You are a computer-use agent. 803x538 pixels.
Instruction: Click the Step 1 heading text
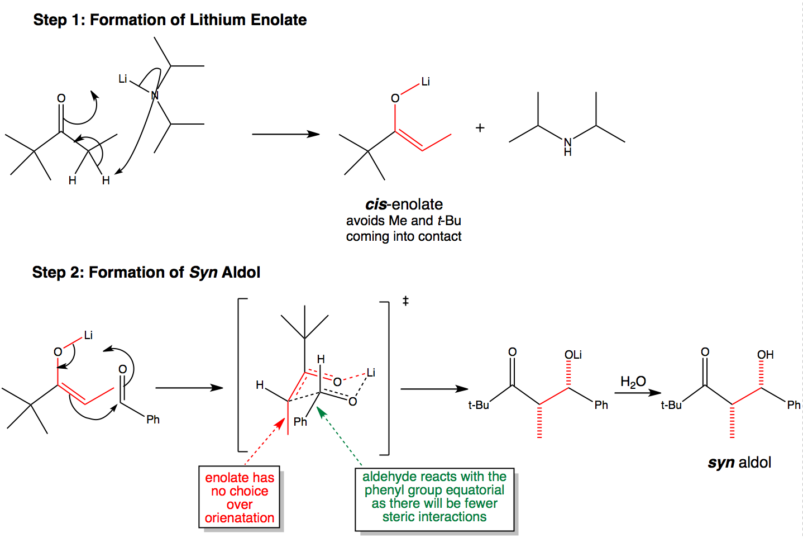[x=170, y=20]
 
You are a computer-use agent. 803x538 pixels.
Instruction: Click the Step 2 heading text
[x=146, y=272]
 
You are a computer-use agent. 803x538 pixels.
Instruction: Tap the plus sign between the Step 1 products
[x=480, y=128]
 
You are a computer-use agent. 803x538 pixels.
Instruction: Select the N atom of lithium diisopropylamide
[x=155, y=96]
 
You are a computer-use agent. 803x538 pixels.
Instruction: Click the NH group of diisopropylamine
[x=567, y=147]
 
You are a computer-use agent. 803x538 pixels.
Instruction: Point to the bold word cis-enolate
[x=404, y=204]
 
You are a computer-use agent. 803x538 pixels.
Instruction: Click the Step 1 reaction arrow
[x=286, y=134]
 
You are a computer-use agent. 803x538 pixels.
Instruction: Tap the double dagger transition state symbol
[x=405, y=301]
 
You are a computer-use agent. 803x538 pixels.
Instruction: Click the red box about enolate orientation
[x=240, y=497]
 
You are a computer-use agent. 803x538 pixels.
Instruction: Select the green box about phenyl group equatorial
[x=434, y=499]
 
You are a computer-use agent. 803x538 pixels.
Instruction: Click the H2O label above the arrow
[x=633, y=381]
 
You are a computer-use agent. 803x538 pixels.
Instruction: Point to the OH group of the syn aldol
[x=766, y=355]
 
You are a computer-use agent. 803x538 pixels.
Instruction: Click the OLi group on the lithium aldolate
[x=573, y=355]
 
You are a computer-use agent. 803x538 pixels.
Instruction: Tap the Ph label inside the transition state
[x=300, y=422]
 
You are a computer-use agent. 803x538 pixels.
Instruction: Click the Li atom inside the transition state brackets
[x=371, y=373]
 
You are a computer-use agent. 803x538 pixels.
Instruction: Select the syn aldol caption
[x=739, y=463]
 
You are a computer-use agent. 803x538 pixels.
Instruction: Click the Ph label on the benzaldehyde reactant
[x=152, y=419]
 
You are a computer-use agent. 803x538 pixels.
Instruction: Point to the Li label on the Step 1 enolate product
[x=426, y=82]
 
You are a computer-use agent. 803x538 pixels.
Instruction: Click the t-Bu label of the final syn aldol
[x=671, y=405]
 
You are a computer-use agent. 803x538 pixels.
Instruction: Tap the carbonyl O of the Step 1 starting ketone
[x=61, y=98]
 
